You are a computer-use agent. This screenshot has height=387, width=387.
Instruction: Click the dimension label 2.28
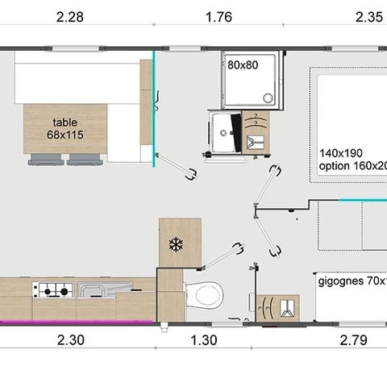[71, 18]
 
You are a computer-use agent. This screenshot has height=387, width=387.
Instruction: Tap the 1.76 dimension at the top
[218, 18]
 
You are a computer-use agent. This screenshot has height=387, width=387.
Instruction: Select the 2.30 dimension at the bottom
[71, 340]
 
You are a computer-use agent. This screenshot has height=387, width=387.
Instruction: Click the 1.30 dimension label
[203, 340]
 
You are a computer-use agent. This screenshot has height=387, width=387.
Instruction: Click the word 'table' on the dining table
[65, 121]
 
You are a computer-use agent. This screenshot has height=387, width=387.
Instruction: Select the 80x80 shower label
[242, 64]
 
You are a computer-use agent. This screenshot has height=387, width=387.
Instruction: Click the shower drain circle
[268, 98]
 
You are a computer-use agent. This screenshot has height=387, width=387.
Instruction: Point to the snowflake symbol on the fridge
[176, 243]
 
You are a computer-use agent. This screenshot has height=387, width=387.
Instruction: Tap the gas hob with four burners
[52, 289]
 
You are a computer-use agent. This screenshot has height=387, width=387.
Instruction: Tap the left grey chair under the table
[45, 160]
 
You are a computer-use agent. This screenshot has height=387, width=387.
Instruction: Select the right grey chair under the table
[85, 160]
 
